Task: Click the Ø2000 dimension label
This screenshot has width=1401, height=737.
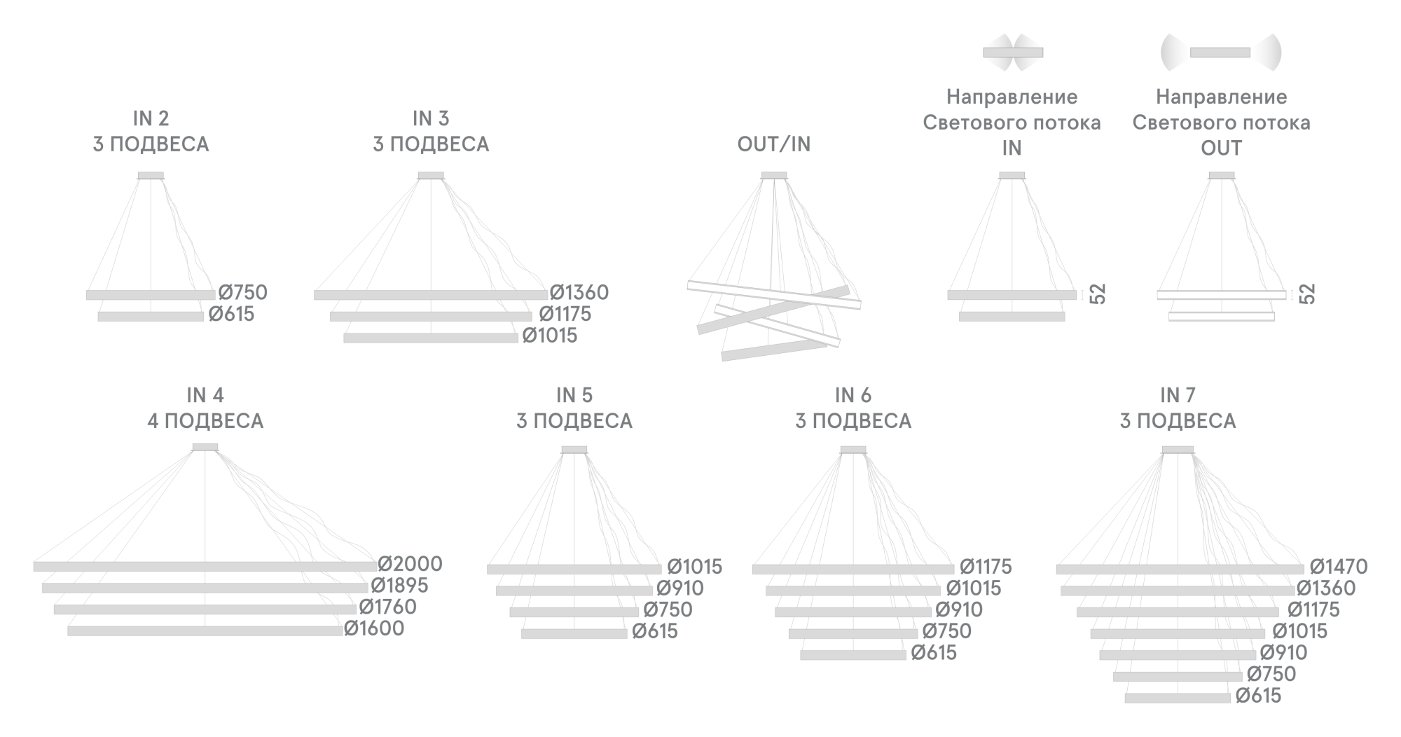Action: click(x=410, y=564)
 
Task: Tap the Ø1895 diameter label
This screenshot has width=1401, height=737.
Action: click(x=399, y=586)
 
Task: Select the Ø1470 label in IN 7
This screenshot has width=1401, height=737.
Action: click(x=1339, y=567)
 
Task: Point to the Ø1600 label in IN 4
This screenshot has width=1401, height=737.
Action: click(x=374, y=628)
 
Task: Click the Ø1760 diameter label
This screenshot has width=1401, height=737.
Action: click(x=387, y=607)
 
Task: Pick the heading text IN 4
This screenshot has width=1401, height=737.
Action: click(x=205, y=395)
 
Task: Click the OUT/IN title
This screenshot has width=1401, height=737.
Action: click(x=774, y=144)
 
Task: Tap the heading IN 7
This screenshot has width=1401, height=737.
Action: click(x=1178, y=395)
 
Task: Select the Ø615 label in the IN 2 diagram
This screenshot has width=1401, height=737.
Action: click(x=231, y=315)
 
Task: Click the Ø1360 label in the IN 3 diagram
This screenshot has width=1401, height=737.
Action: click(x=579, y=293)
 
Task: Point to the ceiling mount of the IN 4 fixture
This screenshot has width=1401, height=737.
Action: click(x=205, y=447)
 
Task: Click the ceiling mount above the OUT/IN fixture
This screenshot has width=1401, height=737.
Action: click(x=774, y=176)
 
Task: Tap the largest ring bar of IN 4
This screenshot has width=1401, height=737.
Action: click(x=205, y=566)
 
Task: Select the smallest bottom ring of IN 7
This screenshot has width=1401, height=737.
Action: click(x=1178, y=698)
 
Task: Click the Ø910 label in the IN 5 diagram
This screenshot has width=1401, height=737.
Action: click(x=680, y=588)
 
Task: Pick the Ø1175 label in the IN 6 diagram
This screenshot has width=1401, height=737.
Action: click(x=986, y=567)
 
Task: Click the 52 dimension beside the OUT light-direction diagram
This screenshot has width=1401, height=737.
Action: click(x=1307, y=294)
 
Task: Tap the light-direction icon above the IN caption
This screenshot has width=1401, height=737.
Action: click(x=1013, y=53)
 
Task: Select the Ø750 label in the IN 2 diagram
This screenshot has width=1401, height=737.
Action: click(x=242, y=293)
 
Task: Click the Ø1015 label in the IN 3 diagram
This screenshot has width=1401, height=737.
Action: click(x=550, y=336)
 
